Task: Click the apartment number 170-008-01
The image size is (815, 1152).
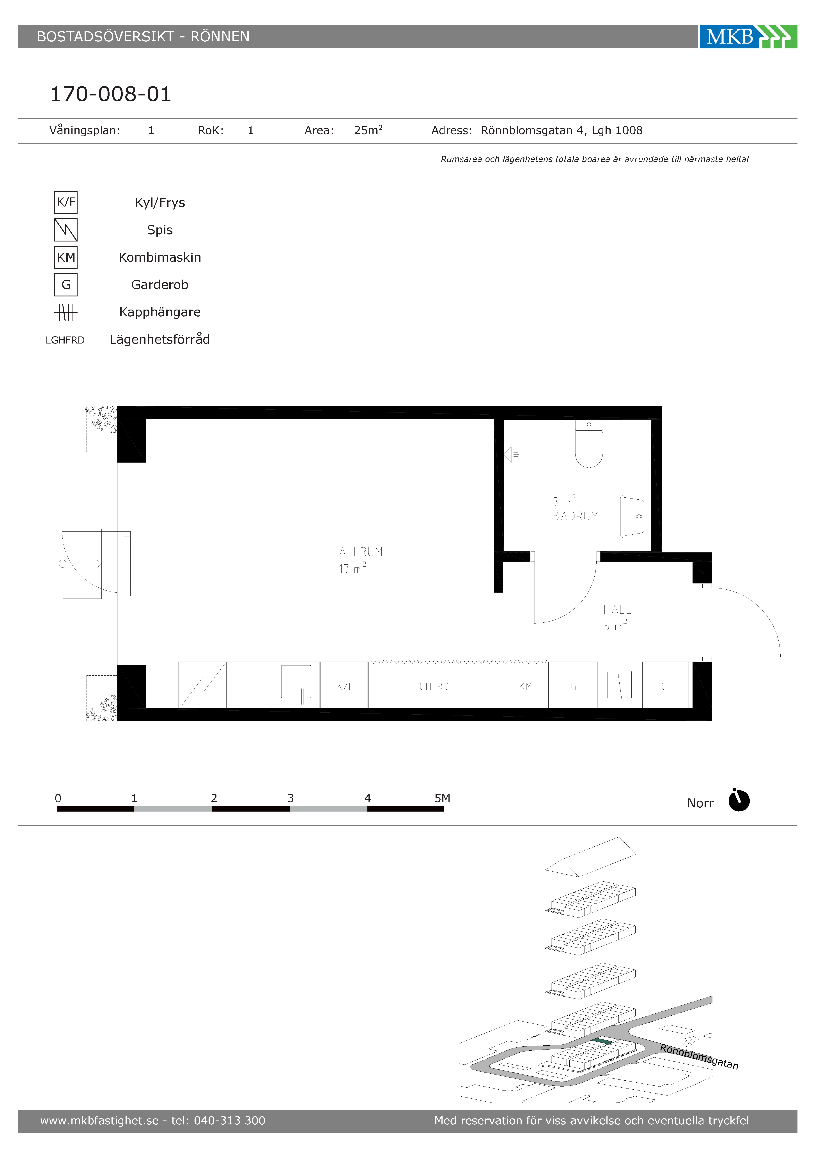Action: pyautogui.click(x=111, y=94)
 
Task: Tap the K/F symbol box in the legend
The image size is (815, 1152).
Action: pyautogui.click(x=66, y=202)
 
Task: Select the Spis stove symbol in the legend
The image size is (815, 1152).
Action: pyautogui.click(x=66, y=230)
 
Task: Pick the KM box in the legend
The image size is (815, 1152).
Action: pyautogui.click(x=66, y=257)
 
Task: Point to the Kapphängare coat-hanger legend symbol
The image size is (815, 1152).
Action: pyautogui.click(x=66, y=312)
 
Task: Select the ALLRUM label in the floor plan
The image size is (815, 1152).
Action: pyautogui.click(x=361, y=552)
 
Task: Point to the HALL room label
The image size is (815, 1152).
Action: pyautogui.click(x=617, y=610)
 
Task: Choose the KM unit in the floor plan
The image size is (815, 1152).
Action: pyautogui.click(x=525, y=685)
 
